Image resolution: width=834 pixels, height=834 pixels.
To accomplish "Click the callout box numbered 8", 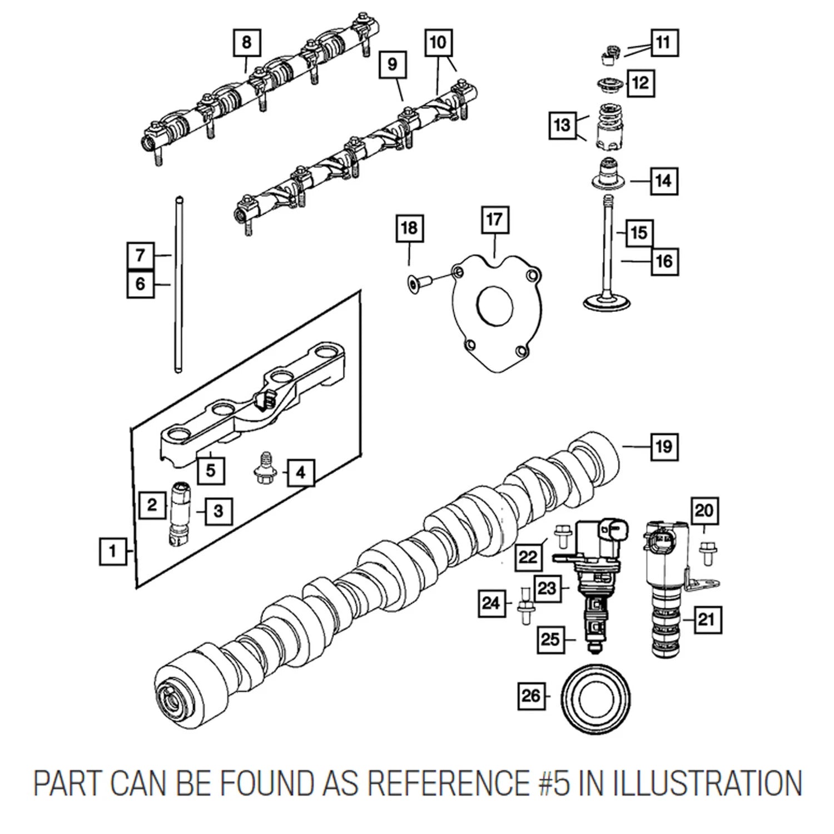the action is pos(247,42).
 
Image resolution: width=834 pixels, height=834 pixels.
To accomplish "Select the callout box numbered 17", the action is pos(494,220).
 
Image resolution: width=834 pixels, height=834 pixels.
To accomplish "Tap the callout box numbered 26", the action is pos(532,695).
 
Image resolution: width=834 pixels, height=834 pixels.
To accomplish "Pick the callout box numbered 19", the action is pos(664,446).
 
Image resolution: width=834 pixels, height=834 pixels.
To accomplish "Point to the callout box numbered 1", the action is pos(113,552).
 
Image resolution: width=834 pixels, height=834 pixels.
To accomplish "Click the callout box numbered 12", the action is pos(641,83).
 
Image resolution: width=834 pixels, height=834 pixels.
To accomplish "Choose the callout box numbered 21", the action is pos(706,619).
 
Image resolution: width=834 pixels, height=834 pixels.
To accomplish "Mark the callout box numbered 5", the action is pos(211,470).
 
